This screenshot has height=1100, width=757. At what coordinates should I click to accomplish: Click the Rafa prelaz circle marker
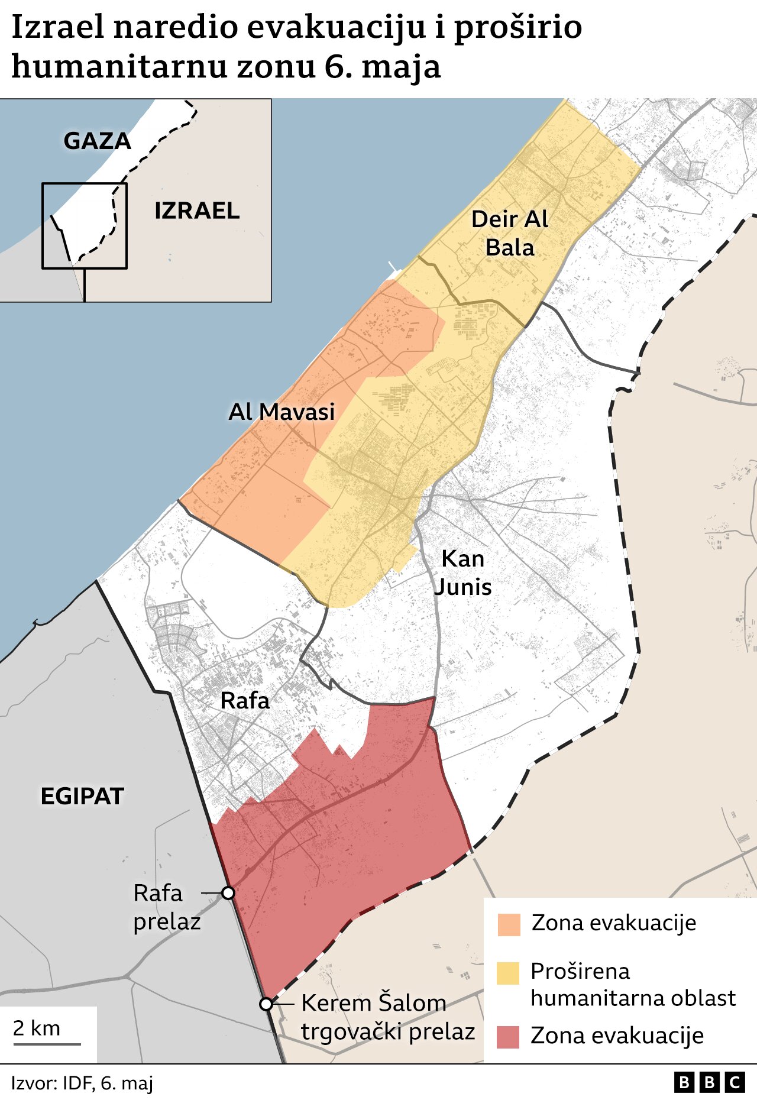point(228,893)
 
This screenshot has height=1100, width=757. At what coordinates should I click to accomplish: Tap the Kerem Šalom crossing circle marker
point(266,1004)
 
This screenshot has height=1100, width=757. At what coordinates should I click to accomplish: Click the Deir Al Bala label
point(510,233)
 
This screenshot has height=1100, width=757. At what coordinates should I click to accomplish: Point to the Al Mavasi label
point(282,412)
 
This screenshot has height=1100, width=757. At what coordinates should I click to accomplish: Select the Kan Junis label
point(463,572)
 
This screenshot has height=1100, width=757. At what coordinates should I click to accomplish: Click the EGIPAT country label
point(82,797)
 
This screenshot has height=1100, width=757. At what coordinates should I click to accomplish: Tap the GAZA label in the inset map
point(97,141)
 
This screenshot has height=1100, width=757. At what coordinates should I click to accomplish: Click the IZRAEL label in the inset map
point(197,211)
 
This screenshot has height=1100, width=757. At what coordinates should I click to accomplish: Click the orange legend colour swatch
point(509,924)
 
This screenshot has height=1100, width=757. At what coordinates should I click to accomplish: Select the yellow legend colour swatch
point(509,973)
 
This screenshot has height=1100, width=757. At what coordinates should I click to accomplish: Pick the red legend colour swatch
point(509,1037)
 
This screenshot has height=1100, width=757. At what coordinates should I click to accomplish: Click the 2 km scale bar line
point(47,1044)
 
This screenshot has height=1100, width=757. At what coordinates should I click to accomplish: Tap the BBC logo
point(709,1082)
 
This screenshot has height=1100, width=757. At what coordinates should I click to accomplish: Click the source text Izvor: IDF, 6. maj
point(82,1083)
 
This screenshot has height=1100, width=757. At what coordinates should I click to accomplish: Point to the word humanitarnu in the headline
point(119,66)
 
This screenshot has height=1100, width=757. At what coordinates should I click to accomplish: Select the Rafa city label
point(245,701)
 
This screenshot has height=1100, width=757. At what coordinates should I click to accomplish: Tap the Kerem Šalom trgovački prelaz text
point(388,1017)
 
